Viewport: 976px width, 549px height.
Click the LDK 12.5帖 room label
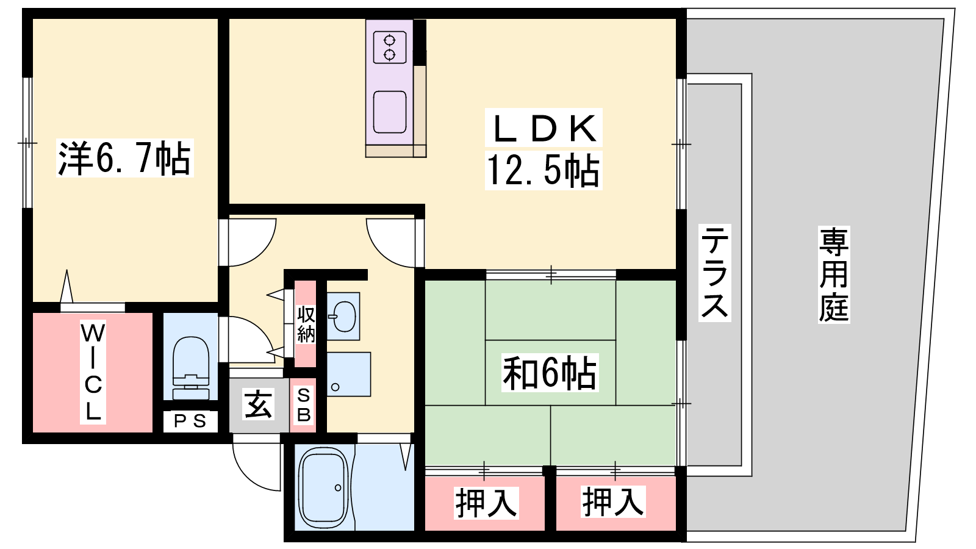[544, 149]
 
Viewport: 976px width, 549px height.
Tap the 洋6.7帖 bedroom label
[124, 158]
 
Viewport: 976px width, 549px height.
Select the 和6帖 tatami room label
[550, 373]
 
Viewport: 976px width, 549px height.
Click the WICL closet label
[93, 372]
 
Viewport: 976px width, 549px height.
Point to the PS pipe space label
[190, 421]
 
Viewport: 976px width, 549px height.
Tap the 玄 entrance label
[259, 405]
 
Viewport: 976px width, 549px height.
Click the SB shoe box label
[303, 405]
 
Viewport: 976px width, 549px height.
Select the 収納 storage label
[306, 324]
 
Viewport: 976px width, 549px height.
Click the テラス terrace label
[714, 273]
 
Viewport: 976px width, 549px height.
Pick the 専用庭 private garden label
[834, 274]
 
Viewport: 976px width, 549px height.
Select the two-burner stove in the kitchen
[390, 47]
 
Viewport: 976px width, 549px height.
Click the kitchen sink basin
[390, 112]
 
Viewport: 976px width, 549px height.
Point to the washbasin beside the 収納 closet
[343, 316]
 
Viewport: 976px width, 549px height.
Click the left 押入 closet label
[486, 503]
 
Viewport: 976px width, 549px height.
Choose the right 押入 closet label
[613, 501]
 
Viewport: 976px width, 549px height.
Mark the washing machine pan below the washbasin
[348, 375]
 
